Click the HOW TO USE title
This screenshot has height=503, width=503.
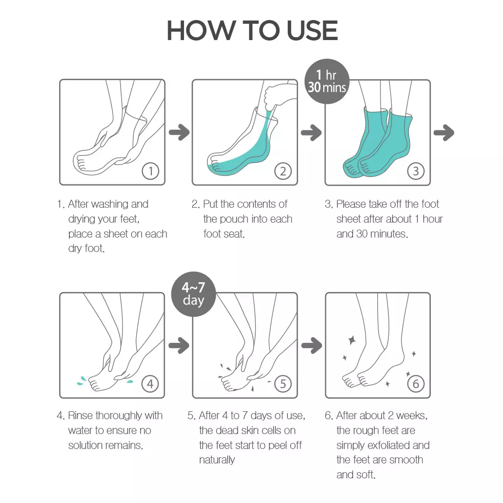coord(252,30)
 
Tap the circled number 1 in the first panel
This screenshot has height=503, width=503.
coord(150,171)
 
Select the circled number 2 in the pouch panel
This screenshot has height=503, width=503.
coord(283,171)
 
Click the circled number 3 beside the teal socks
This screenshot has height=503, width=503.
coord(415,171)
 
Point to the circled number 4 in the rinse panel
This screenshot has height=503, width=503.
coord(150,384)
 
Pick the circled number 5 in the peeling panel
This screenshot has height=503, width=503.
coord(283,384)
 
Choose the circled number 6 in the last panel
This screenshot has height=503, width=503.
coord(415,384)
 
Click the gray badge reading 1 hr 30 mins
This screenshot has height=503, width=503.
coord(327,81)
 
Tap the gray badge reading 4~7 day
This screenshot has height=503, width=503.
coord(193,294)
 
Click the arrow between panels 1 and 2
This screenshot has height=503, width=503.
coord(179,133)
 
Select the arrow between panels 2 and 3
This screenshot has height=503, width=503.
coord(311,133)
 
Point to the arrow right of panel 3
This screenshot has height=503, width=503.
coord(443,133)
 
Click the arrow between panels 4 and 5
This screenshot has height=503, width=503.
coord(179,346)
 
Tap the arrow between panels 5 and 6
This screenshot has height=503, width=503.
coord(311,346)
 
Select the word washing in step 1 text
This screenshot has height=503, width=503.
coord(120,204)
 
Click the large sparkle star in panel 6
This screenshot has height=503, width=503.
coord(352,340)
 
